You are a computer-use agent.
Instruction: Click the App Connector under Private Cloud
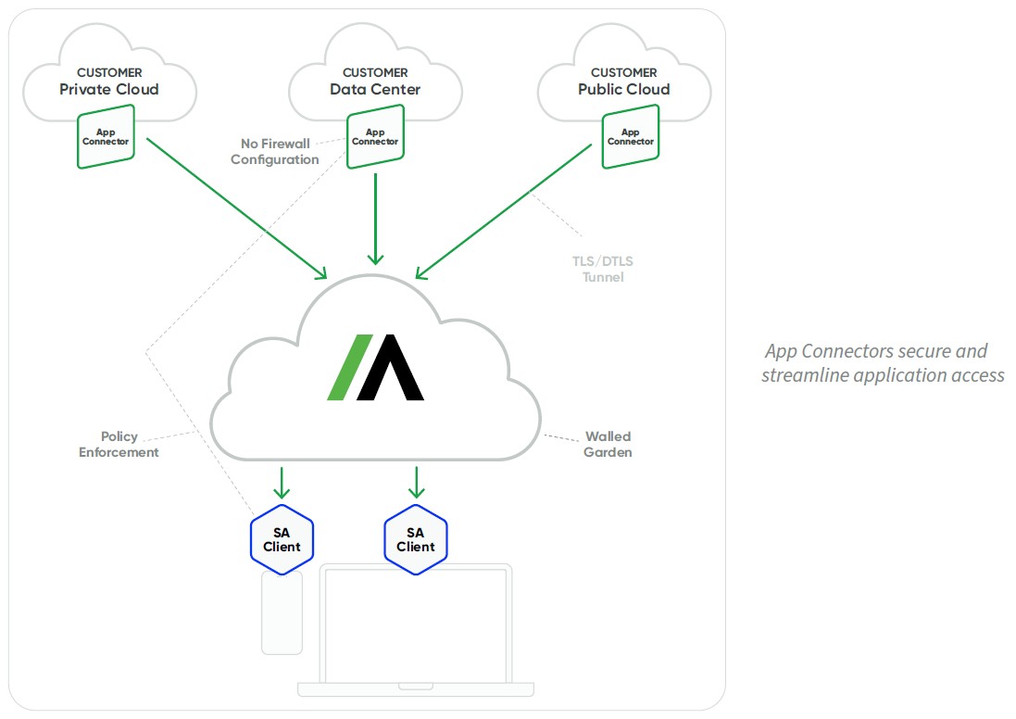coord(106,137)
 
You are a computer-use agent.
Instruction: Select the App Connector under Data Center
coord(375,137)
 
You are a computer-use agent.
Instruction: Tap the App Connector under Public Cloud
coord(631,137)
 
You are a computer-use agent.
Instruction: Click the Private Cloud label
coord(109,90)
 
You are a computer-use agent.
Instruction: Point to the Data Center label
coord(375,90)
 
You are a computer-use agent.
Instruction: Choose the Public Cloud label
coord(624,90)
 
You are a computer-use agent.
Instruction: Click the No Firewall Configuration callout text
coord(275,152)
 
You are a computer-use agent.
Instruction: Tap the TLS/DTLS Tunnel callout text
coord(603,269)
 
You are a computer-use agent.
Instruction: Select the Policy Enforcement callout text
coord(119,444)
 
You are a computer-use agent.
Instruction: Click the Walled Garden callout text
coord(608,444)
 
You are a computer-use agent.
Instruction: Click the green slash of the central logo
coord(350,367)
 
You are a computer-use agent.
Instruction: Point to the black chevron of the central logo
coord(390,367)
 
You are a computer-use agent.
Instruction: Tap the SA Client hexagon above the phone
coord(282,539)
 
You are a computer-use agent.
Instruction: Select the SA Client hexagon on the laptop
coord(415,539)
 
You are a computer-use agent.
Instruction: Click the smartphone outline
coord(282,612)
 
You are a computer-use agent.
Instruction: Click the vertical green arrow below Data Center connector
coord(375,220)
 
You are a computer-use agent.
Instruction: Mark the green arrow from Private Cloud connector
coord(237,208)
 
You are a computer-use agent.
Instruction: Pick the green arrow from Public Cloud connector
coord(504,211)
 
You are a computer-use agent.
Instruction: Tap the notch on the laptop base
coord(415,686)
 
